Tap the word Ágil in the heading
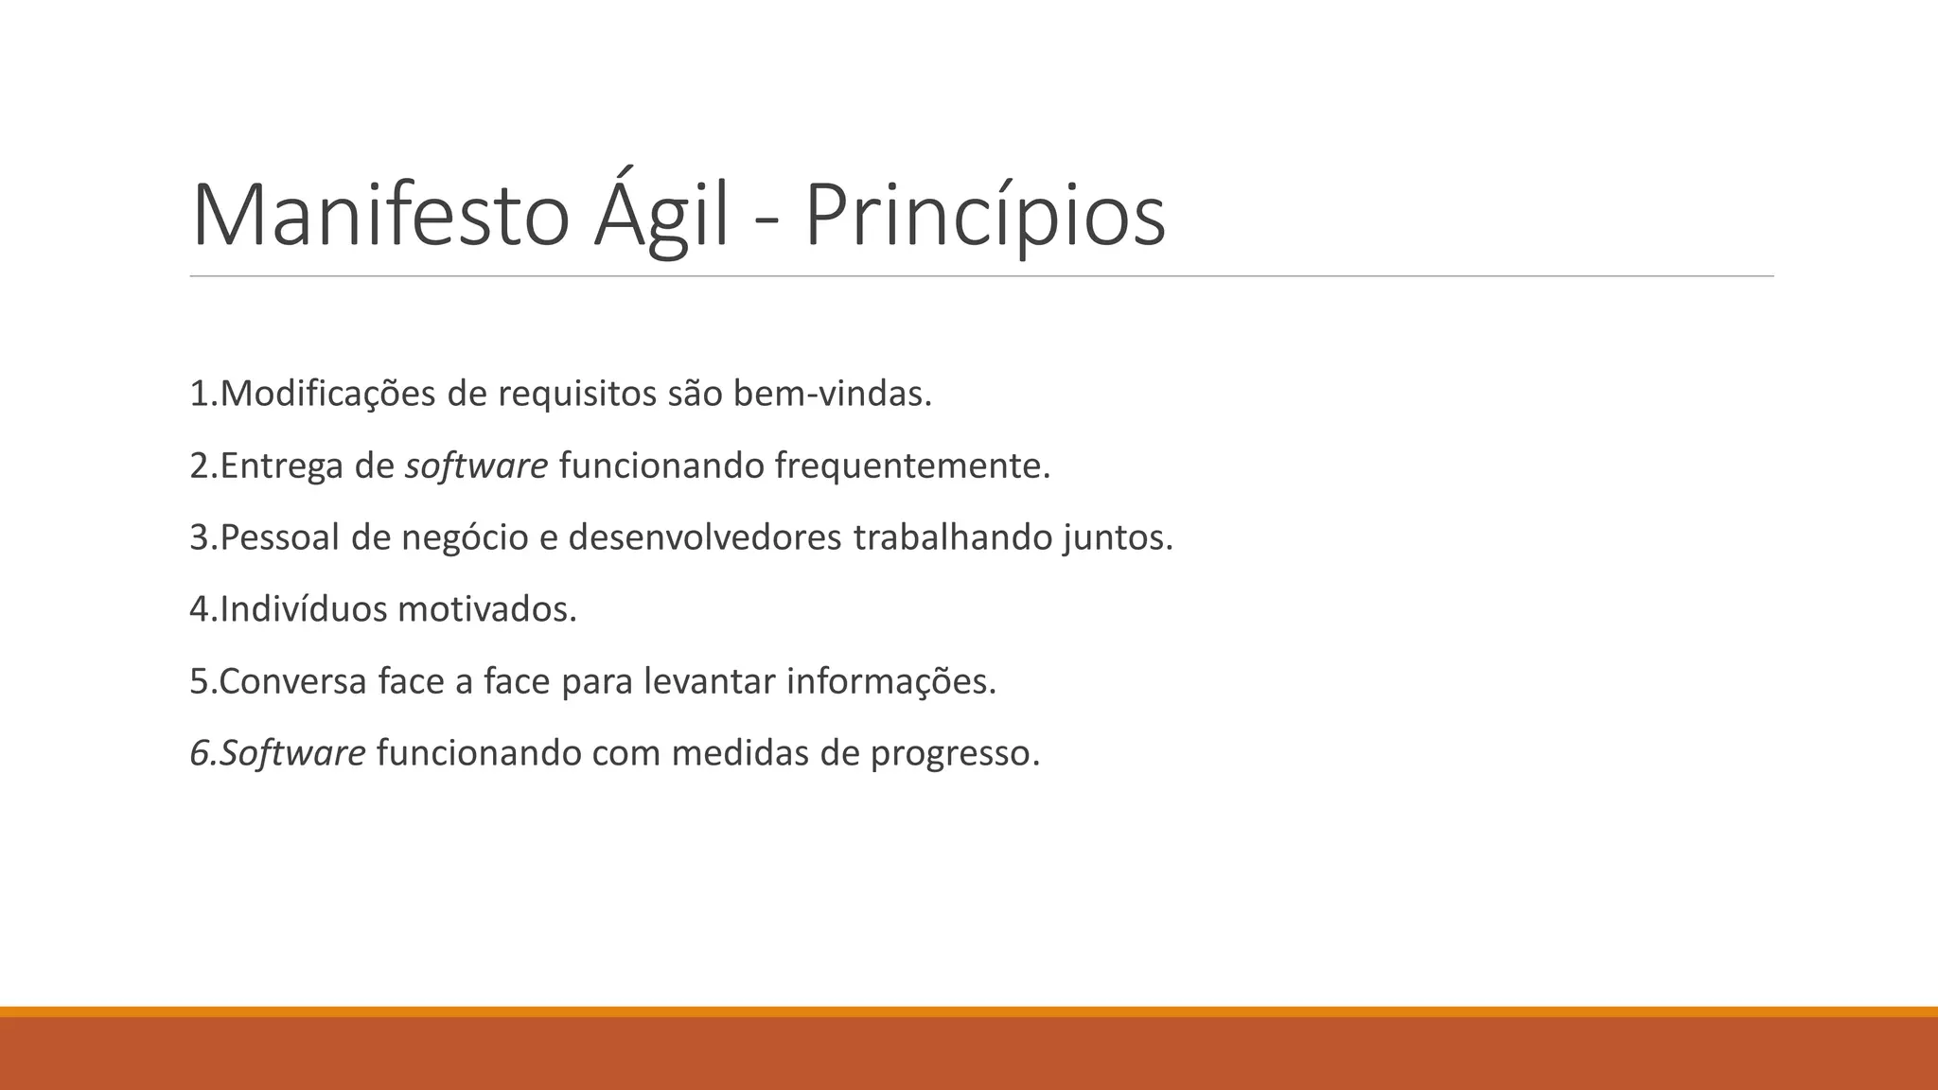coord(661,216)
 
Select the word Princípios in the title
coord(984,216)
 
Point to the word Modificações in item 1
coord(327,394)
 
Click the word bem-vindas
coord(832,394)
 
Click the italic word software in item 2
coord(476,466)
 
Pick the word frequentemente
coord(912,466)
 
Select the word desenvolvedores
coord(704,537)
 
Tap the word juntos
coord(1117,537)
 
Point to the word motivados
coord(486,609)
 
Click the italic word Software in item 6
coord(292,753)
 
